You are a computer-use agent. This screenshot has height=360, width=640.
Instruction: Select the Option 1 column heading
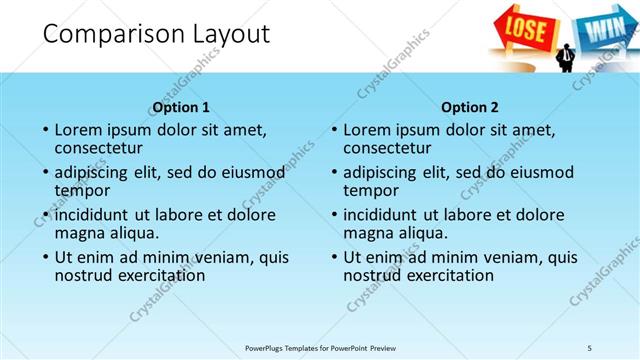[x=181, y=107]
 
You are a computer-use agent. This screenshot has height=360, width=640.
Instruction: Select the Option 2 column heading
[x=470, y=107]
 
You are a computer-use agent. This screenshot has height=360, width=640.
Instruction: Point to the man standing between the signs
[x=566, y=57]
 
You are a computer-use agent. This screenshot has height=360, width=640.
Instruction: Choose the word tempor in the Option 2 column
[x=371, y=190]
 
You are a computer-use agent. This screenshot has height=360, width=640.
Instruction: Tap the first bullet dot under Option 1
[x=45, y=130]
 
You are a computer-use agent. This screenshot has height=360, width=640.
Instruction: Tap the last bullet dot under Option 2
[x=334, y=257]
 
